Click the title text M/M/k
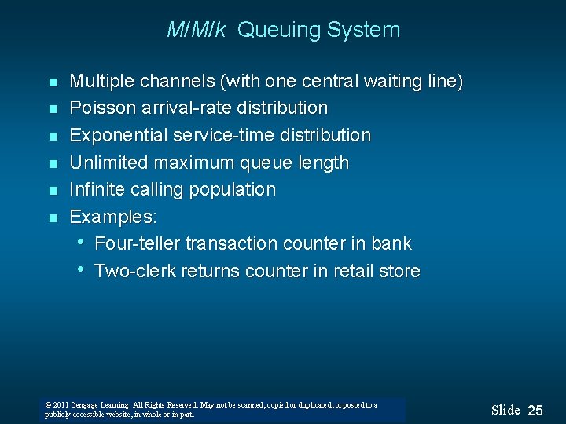point(197,31)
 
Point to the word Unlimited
point(105,163)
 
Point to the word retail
point(355,271)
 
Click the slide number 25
point(535,411)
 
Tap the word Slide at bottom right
point(505,410)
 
